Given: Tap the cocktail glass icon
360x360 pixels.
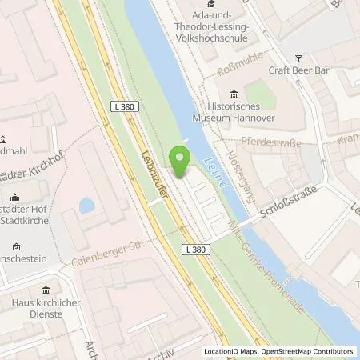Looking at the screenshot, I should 299,58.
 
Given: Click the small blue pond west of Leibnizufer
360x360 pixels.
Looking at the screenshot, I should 86,206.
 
